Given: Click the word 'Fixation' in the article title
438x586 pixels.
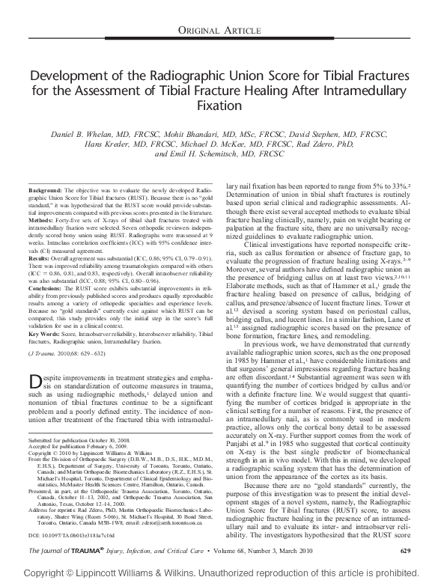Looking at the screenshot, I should (219, 106).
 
